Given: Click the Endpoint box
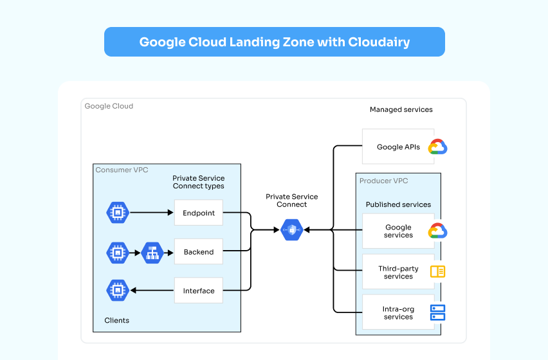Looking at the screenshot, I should [198, 212].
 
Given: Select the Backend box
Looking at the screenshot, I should [198, 252].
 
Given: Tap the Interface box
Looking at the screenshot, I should [198, 291].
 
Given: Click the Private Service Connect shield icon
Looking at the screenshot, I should [292, 230].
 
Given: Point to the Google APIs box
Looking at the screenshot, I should [398, 147].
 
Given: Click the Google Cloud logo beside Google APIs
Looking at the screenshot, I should [437, 147].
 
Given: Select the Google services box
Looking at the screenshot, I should [398, 231].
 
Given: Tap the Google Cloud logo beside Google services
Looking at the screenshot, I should [437, 231].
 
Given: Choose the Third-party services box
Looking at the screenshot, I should [398, 273].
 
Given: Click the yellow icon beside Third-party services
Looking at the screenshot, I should [437, 272].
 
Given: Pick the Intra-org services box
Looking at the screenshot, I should [398, 313].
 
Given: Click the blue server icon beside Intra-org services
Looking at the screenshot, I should [437, 313].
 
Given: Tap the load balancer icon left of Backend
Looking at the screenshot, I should [152, 253].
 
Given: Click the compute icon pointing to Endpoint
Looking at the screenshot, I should [117, 212].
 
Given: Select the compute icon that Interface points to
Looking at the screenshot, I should [117, 291].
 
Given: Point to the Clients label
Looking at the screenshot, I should [116, 320].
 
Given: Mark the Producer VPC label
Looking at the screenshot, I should [383, 181].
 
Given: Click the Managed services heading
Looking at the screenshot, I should [401, 110].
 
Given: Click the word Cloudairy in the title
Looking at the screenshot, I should [379, 42].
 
